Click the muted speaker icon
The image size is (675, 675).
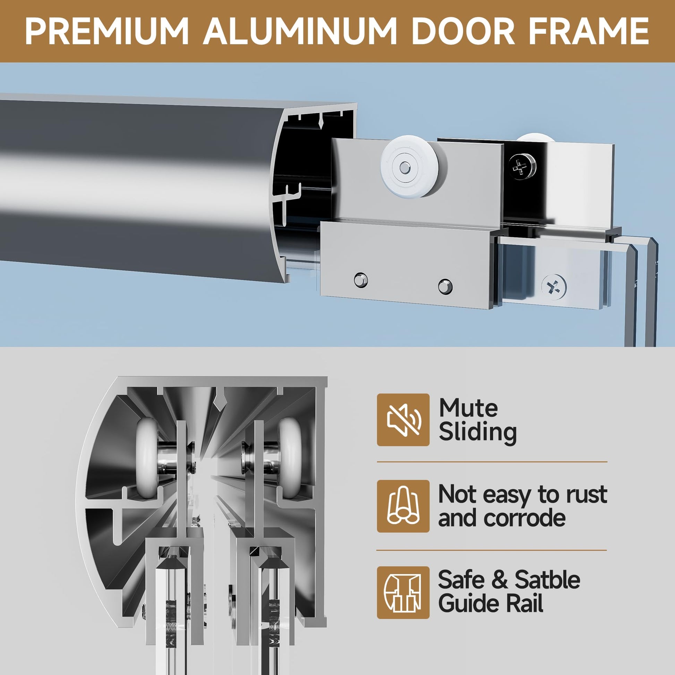click(403, 420)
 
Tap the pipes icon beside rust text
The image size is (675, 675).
click(403, 506)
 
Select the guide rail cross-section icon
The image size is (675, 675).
click(403, 592)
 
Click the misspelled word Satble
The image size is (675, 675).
click(547, 580)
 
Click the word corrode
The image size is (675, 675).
click(530, 519)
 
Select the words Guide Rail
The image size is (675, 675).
click(491, 603)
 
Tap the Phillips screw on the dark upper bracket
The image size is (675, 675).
click(522, 168)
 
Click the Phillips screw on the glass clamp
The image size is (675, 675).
click(554, 287)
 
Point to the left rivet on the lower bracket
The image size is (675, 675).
click(361, 280)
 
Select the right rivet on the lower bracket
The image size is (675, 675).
click(445, 287)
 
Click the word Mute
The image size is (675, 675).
click(468, 408)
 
